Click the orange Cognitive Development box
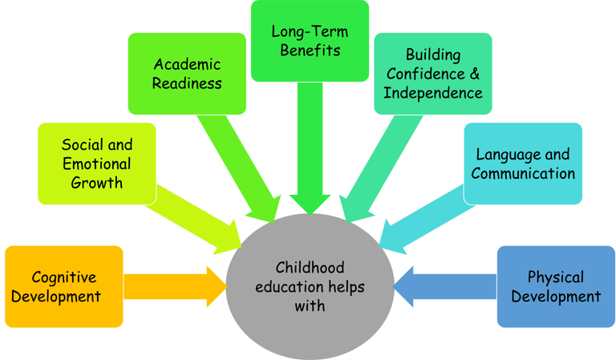click(x=64, y=286)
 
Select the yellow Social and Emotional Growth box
click(x=97, y=164)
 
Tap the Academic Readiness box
click(x=186, y=73)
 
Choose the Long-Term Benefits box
click(x=310, y=41)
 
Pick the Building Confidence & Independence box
click(x=432, y=73)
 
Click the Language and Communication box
click(x=523, y=163)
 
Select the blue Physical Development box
click(x=555, y=286)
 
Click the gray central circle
click(x=310, y=285)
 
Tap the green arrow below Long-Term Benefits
click(x=310, y=152)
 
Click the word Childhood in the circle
click(x=310, y=267)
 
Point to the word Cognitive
click(x=64, y=277)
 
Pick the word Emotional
click(x=97, y=164)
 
